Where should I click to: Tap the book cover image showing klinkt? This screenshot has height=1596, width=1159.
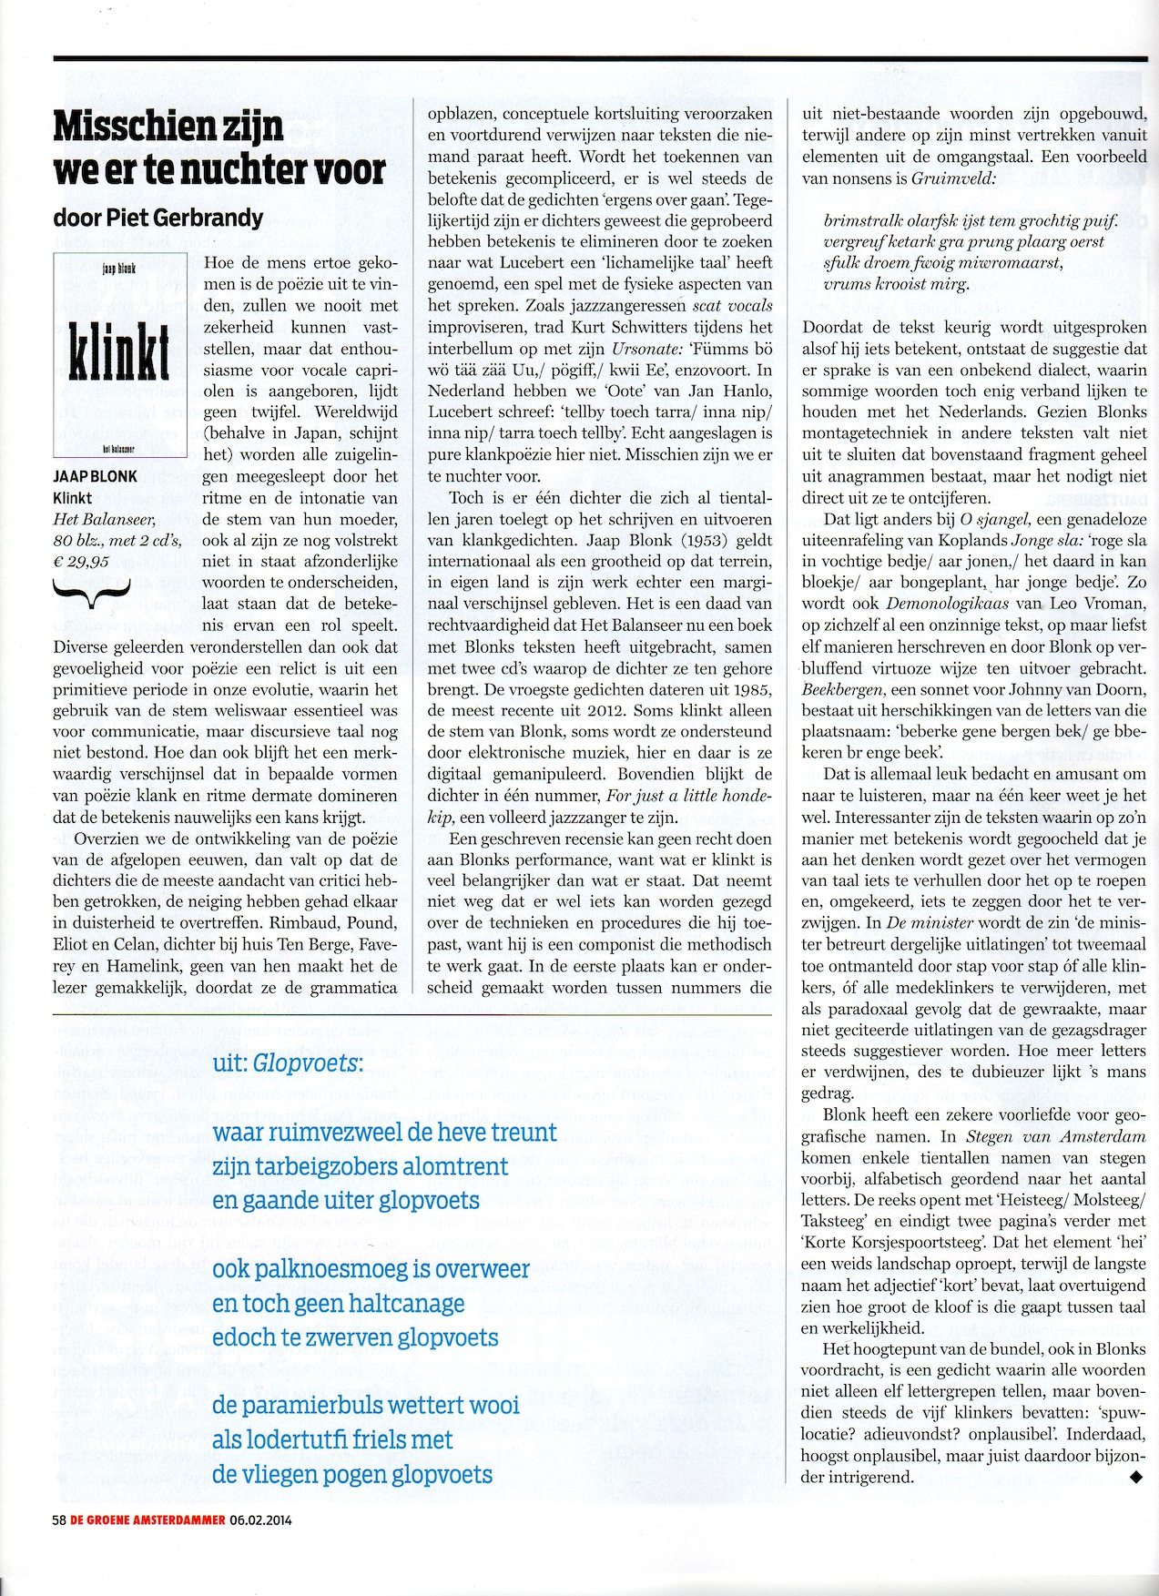click(x=120, y=355)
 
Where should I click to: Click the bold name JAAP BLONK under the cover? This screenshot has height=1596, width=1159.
click(x=95, y=476)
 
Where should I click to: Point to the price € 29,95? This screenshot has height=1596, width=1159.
click(x=82, y=562)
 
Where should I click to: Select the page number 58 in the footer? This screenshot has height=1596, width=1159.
click(x=60, y=1520)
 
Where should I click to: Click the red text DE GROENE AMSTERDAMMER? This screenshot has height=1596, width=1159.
click(x=147, y=1520)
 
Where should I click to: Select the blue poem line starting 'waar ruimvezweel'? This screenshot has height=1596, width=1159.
click(x=383, y=1133)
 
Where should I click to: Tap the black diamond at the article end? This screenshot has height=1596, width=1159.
click(x=1135, y=1478)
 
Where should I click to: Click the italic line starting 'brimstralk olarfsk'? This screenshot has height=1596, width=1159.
click(x=970, y=221)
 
